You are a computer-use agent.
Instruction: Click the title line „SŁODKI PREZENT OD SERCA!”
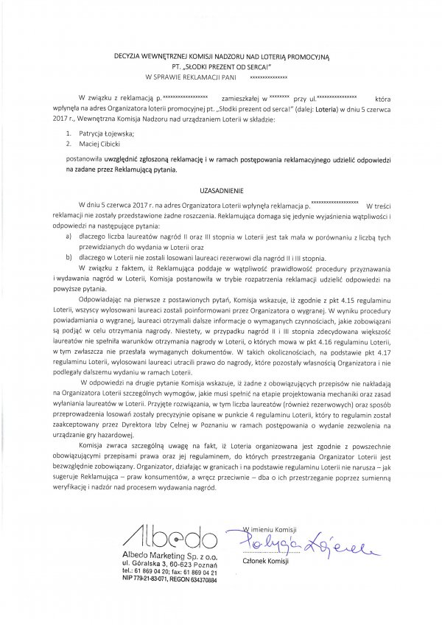coord(221,64)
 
